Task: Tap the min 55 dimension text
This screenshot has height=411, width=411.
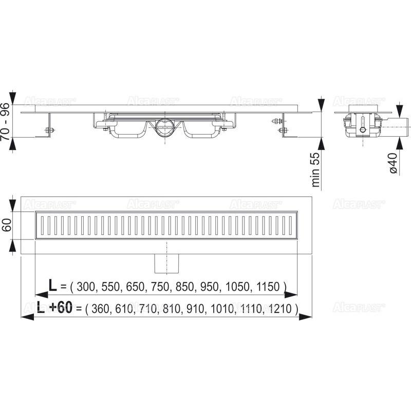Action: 316,169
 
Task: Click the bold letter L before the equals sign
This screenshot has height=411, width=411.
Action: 52,285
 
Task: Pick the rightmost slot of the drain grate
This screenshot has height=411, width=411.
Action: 287,225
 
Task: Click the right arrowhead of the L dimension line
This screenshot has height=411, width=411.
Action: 294,295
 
